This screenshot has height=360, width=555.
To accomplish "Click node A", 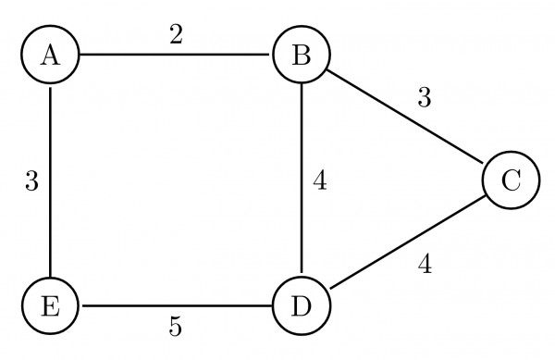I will pyautogui.click(x=50, y=55).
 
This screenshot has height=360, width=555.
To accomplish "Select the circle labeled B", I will pyautogui.click(x=301, y=55).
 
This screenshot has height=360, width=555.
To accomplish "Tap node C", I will pyautogui.click(x=510, y=180).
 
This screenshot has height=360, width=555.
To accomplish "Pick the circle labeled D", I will pyautogui.click(x=301, y=306).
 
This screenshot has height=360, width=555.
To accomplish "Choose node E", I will pyautogui.click(x=50, y=306).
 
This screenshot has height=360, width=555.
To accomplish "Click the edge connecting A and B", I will pyautogui.click(x=176, y=55).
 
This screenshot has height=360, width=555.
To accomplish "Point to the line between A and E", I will pyautogui.click(x=50, y=180).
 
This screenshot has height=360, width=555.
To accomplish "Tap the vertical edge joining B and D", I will pyautogui.click(x=301, y=180).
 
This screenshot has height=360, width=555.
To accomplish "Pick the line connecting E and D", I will pyautogui.click(x=176, y=306).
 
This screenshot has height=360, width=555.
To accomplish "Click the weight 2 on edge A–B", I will pyautogui.click(x=175, y=35).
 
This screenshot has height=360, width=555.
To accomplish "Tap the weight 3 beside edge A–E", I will pyautogui.click(x=31, y=181).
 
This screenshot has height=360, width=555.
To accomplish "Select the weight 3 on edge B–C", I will pyautogui.click(x=424, y=97).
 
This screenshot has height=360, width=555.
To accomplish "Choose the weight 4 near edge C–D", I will pyautogui.click(x=425, y=265).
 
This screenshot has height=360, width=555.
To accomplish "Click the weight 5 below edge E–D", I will pyautogui.click(x=175, y=327).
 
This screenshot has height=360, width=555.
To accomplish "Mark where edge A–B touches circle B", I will pyautogui.click(x=272, y=55).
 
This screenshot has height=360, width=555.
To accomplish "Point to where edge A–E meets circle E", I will pyautogui.click(x=50, y=278).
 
